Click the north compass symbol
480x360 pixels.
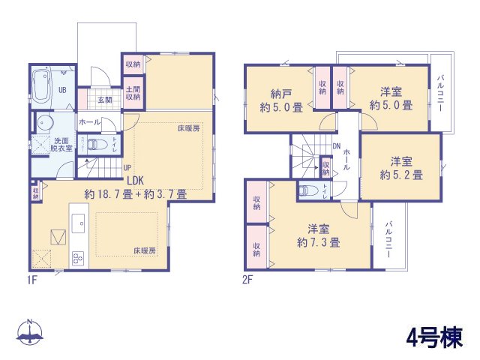[30, 332]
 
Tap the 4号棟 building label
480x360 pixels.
[430, 335]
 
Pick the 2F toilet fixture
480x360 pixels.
[305, 190]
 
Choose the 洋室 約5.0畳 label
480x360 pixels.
[390, 98]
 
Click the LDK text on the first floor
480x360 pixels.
[136, 180]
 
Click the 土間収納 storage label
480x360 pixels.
[133, 93]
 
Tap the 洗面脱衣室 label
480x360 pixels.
[62, 144]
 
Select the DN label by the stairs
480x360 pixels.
[337, 147]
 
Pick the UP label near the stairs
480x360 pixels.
[127, 167]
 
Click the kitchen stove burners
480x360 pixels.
[78, 257]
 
